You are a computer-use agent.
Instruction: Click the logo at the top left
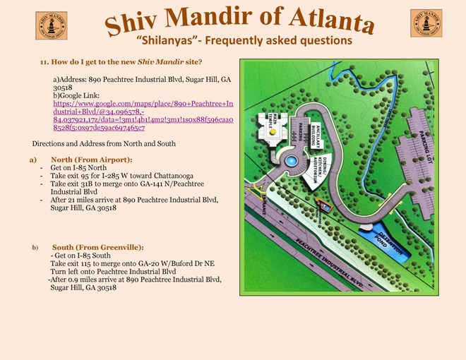coord(52,25)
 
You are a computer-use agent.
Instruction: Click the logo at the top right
coord(426,23)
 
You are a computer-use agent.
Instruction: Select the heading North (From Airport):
coord(91,160)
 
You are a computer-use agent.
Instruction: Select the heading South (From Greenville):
coord(97,247)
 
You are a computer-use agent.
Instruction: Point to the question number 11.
coord(45,63)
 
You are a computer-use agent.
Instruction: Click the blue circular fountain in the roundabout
coord(290,162)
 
